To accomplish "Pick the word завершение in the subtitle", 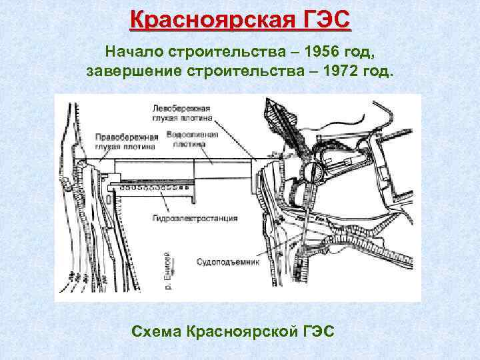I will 135,71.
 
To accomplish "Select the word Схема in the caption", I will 157,331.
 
